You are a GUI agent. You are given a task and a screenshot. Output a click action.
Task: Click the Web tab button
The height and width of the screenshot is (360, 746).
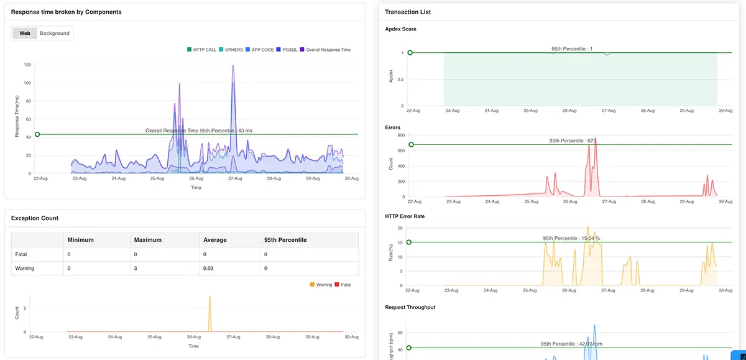[x=25, y=33]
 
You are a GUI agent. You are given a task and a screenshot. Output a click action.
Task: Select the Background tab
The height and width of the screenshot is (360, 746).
[x=55, y=33]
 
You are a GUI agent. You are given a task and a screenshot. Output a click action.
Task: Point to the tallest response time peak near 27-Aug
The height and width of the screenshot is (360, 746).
[x=233, y=66]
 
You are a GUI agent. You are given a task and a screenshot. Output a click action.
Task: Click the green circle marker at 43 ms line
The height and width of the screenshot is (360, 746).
[x=37, y=134]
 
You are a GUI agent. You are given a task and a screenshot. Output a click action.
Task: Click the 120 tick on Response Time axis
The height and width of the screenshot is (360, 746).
[x=27, y=65]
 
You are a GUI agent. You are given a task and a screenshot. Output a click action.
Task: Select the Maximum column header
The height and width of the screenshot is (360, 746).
[x=148, y=240]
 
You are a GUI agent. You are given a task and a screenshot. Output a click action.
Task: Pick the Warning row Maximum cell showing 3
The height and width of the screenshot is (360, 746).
[x=136, y=268]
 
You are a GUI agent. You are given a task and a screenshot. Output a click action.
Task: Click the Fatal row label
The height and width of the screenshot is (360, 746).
[x=22, y=254]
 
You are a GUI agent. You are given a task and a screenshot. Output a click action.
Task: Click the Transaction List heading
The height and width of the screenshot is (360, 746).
[x=408, y=12]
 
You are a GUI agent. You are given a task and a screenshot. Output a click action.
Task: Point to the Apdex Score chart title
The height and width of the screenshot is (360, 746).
[x=400, y=29]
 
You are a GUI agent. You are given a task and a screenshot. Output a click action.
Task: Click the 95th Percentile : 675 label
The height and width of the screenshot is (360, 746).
[x=573, y=141]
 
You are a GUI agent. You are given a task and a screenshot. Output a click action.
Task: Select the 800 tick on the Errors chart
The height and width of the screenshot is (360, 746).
[x=401, y=135]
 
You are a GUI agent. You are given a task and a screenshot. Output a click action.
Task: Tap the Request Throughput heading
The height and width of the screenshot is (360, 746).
[x=410, y=308]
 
